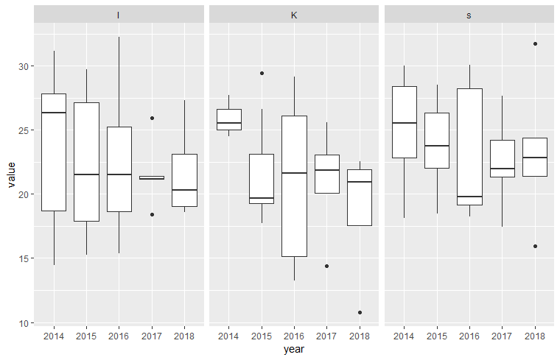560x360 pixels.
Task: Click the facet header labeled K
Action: coord(294,15)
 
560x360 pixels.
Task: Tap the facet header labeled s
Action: coord(469,15)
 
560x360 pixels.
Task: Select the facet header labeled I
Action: coord(119,15)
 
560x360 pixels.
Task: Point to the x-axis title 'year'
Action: coord(294,350)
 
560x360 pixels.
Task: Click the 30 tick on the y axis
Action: coord(24,66)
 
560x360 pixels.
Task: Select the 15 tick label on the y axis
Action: coord(24,258)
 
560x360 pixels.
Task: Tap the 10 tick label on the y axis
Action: coord(24,322)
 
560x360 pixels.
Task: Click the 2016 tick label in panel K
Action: coord(294,336)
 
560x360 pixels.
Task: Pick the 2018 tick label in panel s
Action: coord(534,336)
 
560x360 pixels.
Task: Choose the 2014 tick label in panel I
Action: coord(54,336)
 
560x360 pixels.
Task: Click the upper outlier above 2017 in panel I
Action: coord(152,118)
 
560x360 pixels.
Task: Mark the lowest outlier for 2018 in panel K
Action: coord(360,312)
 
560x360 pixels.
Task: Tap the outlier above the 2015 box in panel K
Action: coord(262,73)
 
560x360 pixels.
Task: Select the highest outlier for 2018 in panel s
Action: coord(535,43)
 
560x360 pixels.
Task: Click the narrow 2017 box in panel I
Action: coord(152,177)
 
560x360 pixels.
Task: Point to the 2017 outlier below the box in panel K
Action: coord(326,266)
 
